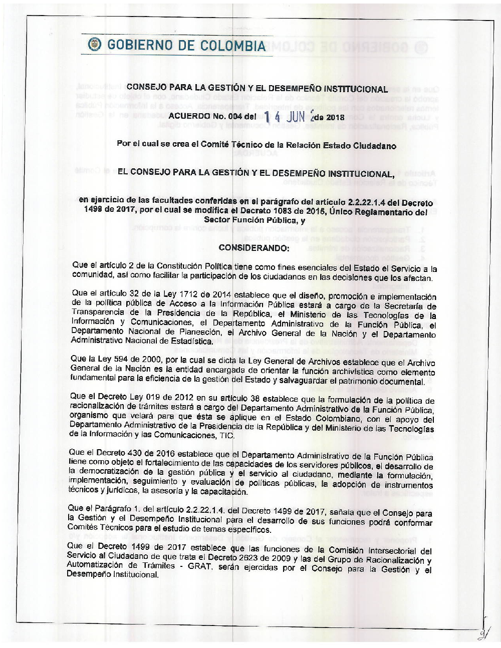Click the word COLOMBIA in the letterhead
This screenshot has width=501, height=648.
coord(233,46)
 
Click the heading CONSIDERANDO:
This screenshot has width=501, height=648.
coord(254,248)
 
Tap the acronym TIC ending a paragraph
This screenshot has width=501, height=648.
coord(226,436)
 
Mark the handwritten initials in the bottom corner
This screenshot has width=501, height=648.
coord(484,632)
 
